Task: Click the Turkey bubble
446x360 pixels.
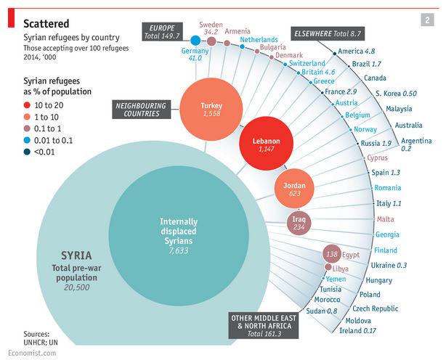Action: pos(211,110)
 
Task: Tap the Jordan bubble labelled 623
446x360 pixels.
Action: pos(294,190)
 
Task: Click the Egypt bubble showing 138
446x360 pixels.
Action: pos(332,255)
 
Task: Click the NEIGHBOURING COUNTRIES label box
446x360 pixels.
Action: pos(140,110)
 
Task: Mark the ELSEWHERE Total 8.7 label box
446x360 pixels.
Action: pos(327,33)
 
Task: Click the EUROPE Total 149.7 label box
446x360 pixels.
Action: pos(163,30)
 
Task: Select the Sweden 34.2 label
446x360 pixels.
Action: pos(211,28)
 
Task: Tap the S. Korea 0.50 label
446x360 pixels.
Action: pos(396,94)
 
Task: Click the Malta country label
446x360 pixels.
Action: pos(385,219)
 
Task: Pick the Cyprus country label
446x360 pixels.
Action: pos(377,157)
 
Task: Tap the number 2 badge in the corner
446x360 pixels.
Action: pos(427,20)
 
